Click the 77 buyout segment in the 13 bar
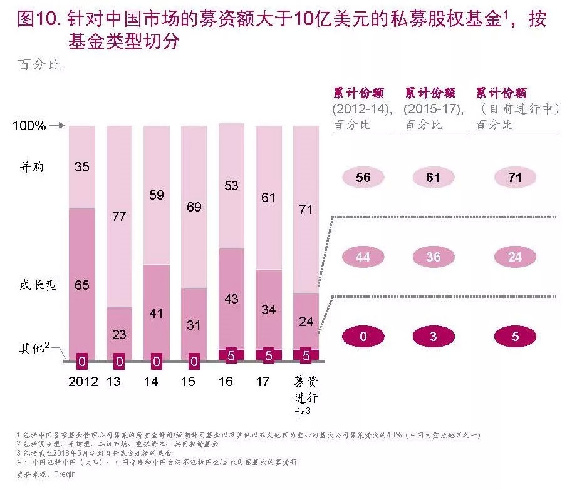pyautogui.click(x=119, y=217)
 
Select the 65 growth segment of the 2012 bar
pyautogui.click(x=81, y=285)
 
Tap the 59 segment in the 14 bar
pyautogui.click(x=157, y=195)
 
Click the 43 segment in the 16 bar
pyautogui.click(x=231, y=299)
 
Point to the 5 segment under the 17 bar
pyautogui.click(x=269, y=355)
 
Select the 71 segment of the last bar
pyautogui.click(x=306, y=210)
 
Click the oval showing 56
pyautogui.click(x=363, y=178)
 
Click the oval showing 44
pyautogui.click(x=363, y=257)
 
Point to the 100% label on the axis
pyautogui.click(x=29, y=126)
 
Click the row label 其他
pyautogui.click(x=31, y=349)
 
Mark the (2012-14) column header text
pyautogui.click(x=363, y=109)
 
